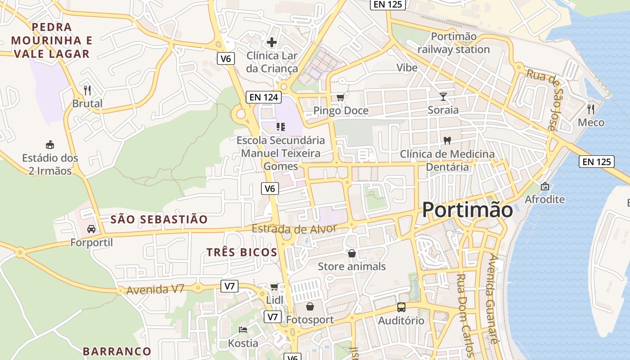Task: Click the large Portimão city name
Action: [x=468, y=210]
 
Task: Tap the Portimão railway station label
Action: [x=454, y=43]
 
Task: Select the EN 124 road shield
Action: [x=264, y=97]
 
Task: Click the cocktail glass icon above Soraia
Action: [x=443, y=96]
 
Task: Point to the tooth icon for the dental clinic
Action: [x=447, y=140]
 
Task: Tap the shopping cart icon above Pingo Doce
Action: [x=341, y=97]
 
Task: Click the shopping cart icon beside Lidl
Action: [x=274, y=287]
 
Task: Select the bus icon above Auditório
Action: [x=401, y=307]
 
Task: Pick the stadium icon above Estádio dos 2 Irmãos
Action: [x=50, y=144]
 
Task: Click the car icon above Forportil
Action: [x=91, y=229]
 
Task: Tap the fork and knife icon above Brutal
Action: [x=87, y=90]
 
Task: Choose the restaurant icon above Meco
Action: [x=591, y=109]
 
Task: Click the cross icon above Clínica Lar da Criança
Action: [x=272, y=42]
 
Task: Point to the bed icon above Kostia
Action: [x=243, y=330]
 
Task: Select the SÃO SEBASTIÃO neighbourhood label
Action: [x=159, y=220]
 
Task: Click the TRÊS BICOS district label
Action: [x=242, y=252]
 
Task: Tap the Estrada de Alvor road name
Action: [x=294, y=229]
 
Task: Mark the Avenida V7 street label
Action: [x=155, y=289]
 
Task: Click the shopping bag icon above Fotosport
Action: [x=310, y=307]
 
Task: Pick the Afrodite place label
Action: [x=544, y=199]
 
